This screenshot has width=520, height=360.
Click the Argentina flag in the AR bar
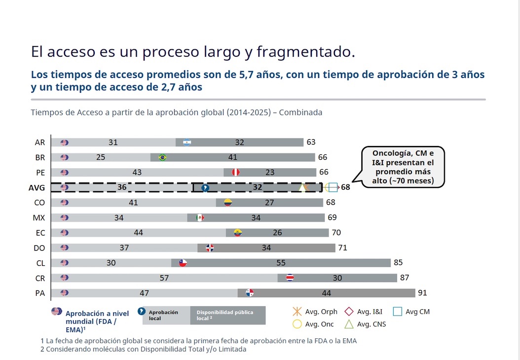click(187, 142)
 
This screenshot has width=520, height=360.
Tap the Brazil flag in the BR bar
click(162, 157)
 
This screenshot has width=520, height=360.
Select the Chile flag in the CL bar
click(183, 263)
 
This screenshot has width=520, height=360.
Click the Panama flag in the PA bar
click(250, 293)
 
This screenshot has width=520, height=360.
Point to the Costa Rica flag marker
click(290, 278)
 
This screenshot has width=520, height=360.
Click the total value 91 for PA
click(422, 293)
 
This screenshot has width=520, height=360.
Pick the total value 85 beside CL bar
click(398, 262)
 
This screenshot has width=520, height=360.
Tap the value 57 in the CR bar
click(164, 278)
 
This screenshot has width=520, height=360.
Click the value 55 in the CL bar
click(281, 263)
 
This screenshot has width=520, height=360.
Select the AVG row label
click(37, 187)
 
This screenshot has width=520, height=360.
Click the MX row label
click(39, 218)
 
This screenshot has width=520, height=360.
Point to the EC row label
click(40, 233)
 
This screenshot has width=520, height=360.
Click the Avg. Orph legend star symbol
click(297, 312)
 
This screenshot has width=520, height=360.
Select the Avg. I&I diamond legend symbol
click(349, 312)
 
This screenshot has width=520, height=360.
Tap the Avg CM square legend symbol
click(397, 312)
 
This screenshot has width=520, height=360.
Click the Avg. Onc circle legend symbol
click(297, 324)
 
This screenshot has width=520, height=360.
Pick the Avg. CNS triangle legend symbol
click(349, 324)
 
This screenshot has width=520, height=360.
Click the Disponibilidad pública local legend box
click(228, 315)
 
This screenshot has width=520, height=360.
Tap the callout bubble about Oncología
click(403, 167)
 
